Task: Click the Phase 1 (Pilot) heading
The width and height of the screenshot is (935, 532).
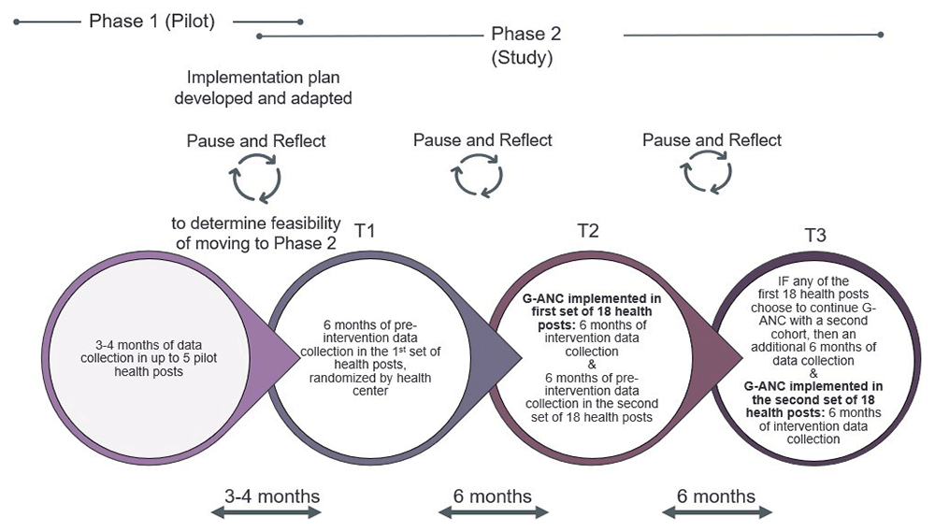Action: click(151, 21)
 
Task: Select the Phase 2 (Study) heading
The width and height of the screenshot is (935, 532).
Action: click(525, 45)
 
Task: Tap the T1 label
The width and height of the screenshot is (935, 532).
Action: click(365, 231)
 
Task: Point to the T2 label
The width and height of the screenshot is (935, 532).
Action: click(587, 231)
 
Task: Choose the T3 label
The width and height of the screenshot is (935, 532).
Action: click(815, 236)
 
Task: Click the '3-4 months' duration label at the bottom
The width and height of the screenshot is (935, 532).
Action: click(272, 496)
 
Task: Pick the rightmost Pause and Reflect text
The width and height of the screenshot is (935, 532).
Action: click(712, 140)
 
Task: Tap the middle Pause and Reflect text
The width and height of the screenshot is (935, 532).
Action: click(482, 140)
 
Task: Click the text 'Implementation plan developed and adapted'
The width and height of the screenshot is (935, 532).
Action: click(269, 87)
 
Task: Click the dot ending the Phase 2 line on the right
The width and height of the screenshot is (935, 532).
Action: click(881, 36)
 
